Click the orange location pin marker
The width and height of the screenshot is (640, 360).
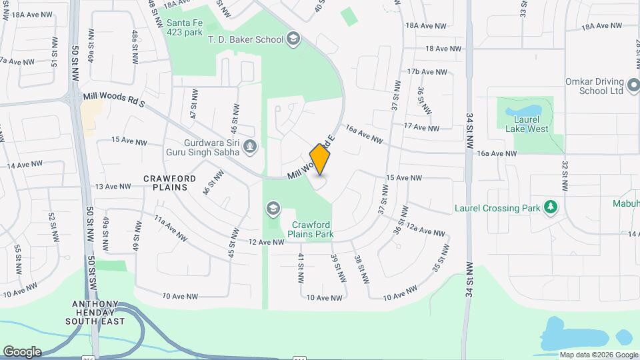pos(320,159)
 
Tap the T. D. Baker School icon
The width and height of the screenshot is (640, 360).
pos(293,39)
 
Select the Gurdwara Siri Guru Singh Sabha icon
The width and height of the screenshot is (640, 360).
pos(250,146)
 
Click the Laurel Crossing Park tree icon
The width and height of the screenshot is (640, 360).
pos(550,208)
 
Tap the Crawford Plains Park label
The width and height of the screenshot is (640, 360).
pos(311,230)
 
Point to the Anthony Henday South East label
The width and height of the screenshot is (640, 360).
pos(95,313)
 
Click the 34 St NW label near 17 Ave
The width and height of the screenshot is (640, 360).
pos(469,127)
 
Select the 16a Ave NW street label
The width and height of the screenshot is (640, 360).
pos(497,153)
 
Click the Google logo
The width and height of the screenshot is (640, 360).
pos(22,352)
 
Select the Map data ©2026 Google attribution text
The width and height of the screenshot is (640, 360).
pos(598,355)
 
